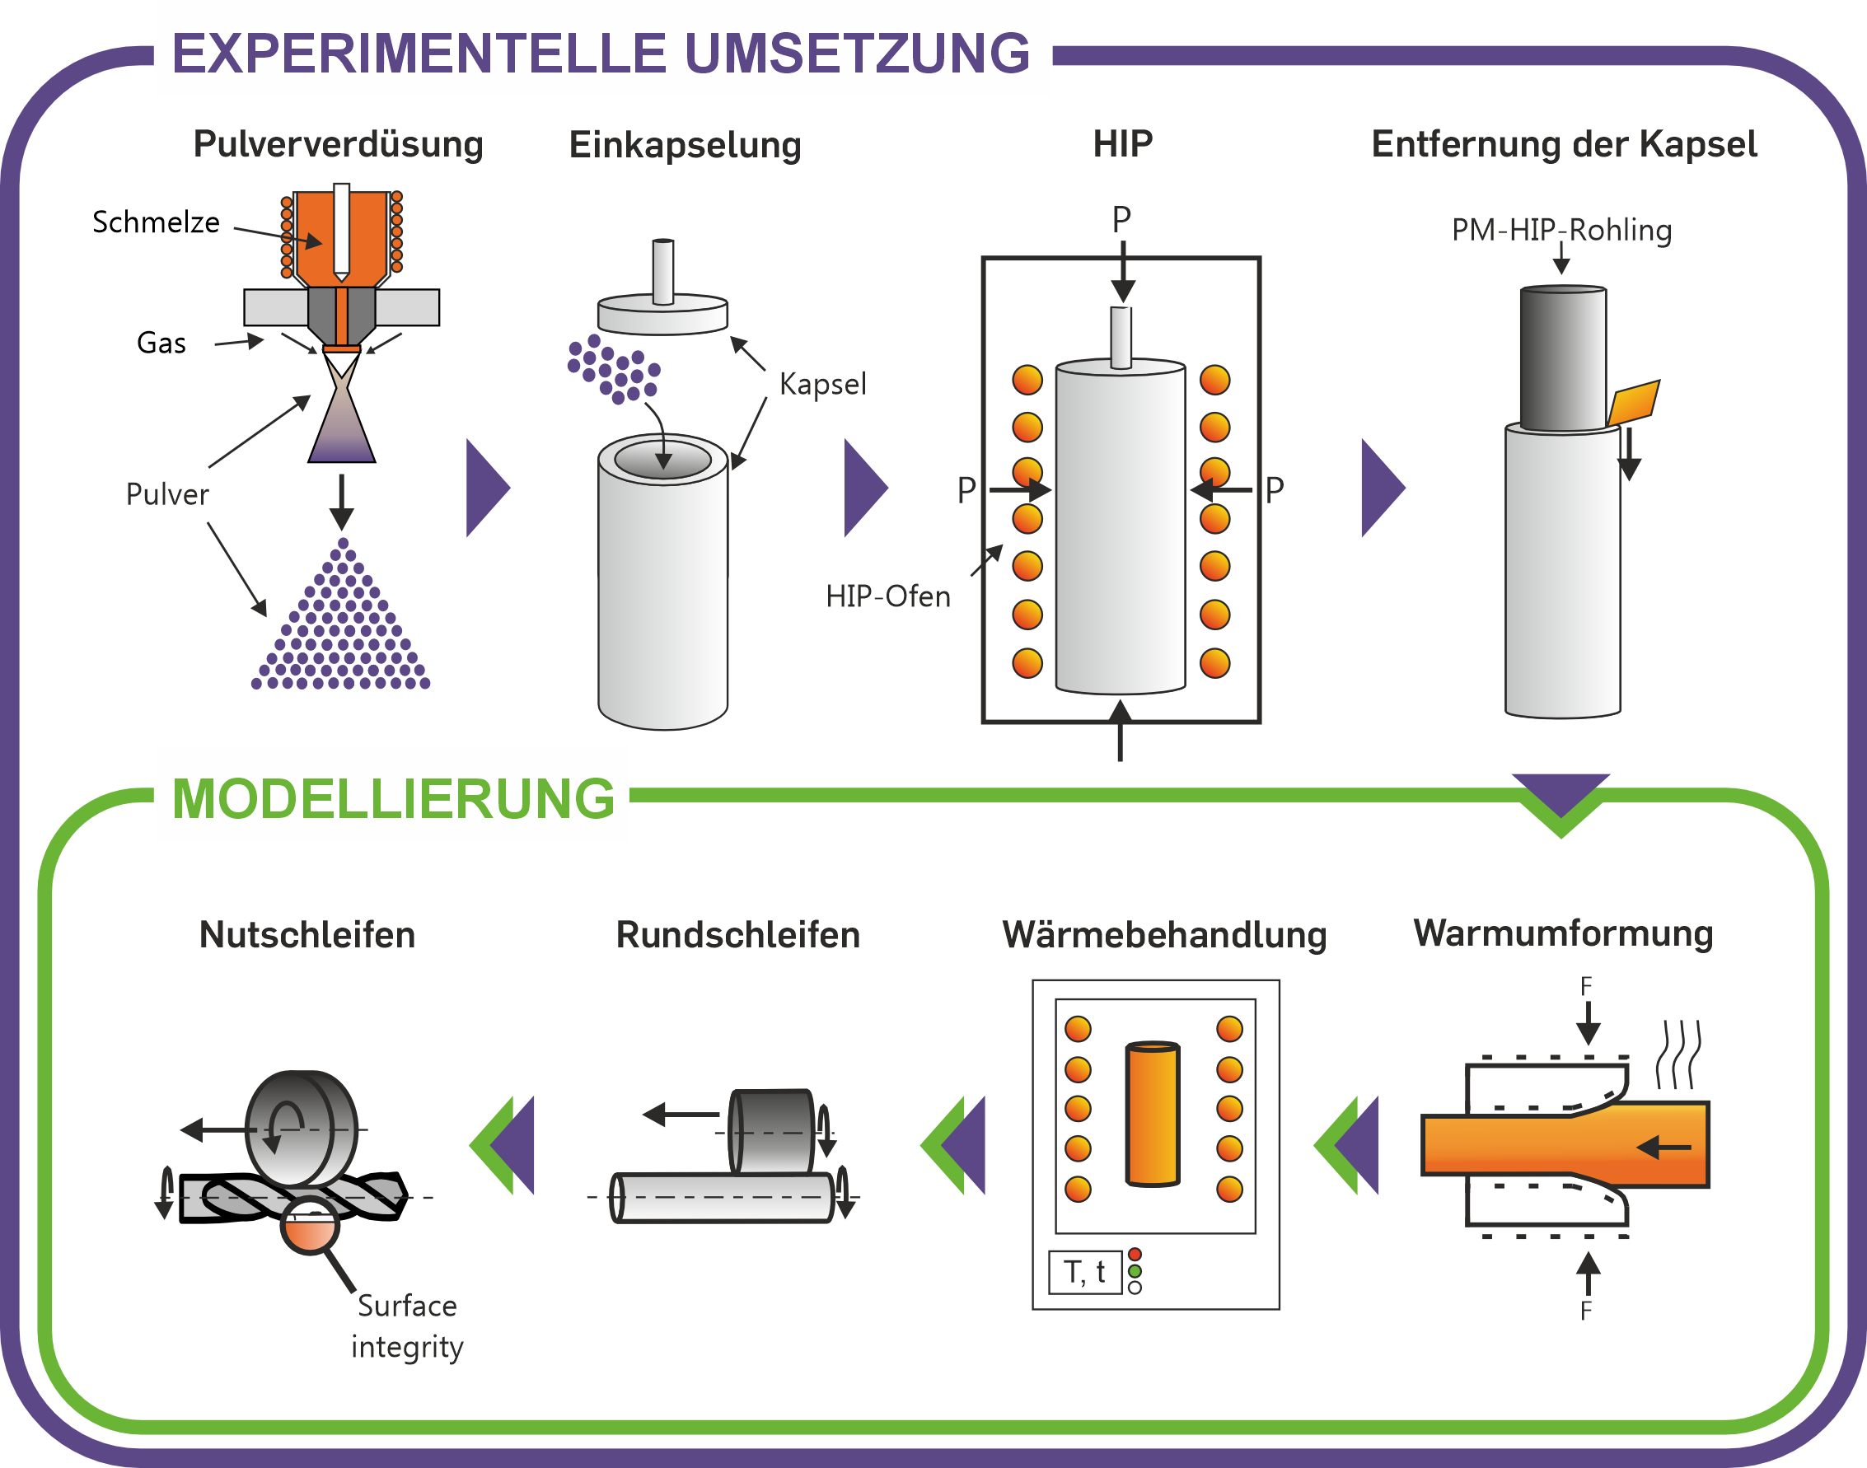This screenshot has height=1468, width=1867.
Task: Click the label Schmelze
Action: tap(156, 222)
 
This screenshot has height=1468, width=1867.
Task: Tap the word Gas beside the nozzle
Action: tap(161, 343)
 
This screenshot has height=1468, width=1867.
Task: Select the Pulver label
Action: tap(167, 494)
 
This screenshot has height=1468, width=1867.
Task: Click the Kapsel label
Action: tap(822, 384)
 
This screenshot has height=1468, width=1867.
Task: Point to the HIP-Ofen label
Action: tap(888, 596)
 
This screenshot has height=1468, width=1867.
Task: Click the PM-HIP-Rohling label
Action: tap(1562, 231)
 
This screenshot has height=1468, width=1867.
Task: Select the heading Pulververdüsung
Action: tap(338, 144)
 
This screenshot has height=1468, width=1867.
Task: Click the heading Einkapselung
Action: tap(685, 145)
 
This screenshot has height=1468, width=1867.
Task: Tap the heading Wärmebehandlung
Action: tap(1165, 935)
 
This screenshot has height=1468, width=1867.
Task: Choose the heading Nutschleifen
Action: tap(306, 935)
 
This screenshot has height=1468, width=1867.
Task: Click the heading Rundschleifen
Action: tap(738, 935)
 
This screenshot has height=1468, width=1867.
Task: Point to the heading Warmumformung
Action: tap(1564, 933)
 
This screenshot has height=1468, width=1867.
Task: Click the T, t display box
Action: tap(1085, 1272)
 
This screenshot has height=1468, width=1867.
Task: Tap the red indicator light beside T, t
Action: tap(1135, 1254)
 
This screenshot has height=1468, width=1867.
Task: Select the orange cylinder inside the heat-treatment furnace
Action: tap(1153, 1114)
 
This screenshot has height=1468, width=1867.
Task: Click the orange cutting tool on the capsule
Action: tap(1634, 401)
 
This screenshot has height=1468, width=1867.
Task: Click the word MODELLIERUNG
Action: tap(394, 799)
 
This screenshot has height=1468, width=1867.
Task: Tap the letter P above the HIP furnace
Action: tap(1121, 219)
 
